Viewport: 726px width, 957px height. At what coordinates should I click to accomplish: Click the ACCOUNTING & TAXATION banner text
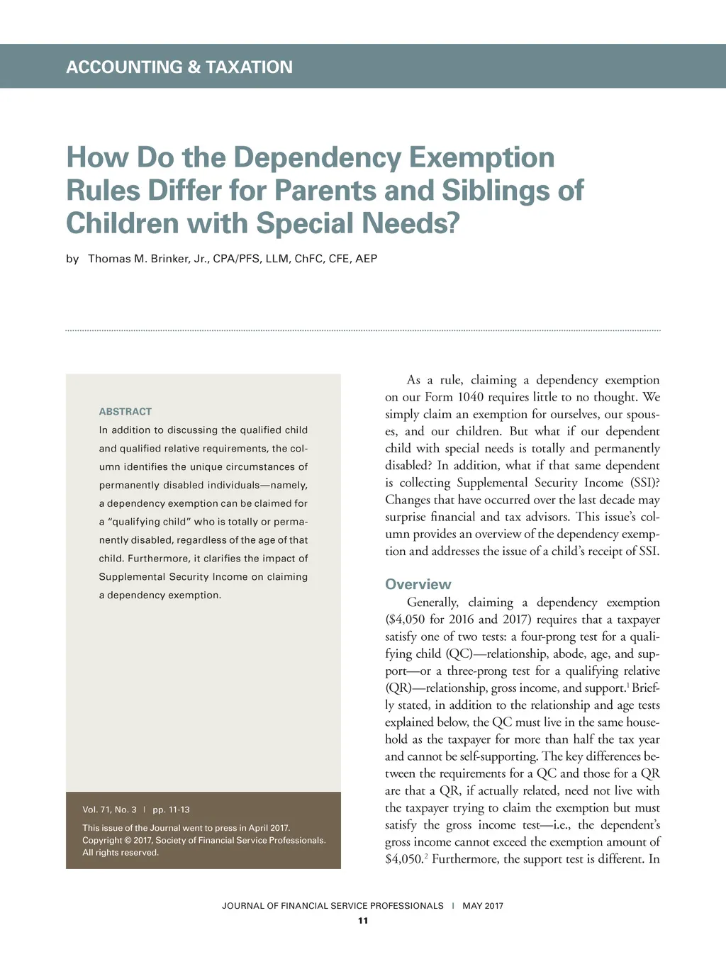[179, 67]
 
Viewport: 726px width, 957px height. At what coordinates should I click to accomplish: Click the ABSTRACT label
[125, 411]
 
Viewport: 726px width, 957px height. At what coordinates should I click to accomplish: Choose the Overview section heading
[418, 584]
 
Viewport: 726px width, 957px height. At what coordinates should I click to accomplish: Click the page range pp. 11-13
[171, 810]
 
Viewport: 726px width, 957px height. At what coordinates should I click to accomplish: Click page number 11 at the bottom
[363, 921]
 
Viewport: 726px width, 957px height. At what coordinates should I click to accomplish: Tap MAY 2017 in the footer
[483, 906]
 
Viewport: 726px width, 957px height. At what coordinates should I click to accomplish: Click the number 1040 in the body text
[471, 397]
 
